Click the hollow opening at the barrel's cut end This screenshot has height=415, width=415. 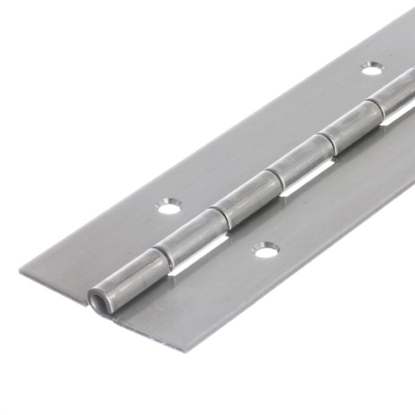[95, 294]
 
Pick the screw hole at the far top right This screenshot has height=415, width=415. [372, 70]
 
